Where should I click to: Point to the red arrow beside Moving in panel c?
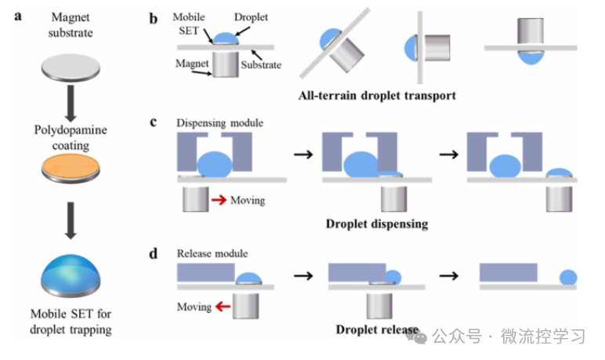[x=219, y=201]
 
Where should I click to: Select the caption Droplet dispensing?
[x=377, y=224]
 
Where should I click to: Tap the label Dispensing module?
[x=219, y=123]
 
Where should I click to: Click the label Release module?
[x=212, y=253]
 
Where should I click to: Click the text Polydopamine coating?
[x=71, y=137]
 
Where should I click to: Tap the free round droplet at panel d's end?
[x=568, y=277]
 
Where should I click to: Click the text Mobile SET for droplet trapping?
[x=71, y=322]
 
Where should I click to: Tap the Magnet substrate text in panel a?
[x=71, y=24]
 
